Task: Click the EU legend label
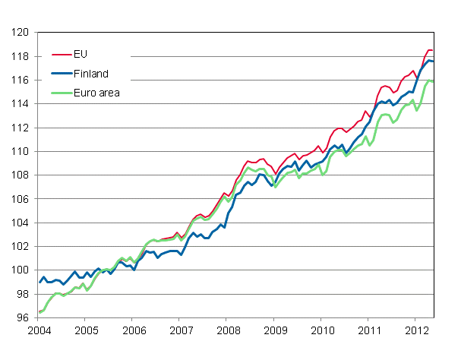[80, 55]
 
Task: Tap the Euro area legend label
[96, 93]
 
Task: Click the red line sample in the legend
[60, 55]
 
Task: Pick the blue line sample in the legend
[60, 74]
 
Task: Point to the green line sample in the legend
[60, 93]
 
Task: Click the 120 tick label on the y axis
[20, 33]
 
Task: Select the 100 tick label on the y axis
[20, 270]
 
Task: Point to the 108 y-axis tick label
[20, 175]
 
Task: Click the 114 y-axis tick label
[20, 104]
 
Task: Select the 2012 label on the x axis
[416, 331]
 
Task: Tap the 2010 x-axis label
[322, 331]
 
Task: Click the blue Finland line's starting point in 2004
[39, 283]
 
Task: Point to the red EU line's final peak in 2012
[429, 50]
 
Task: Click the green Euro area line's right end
[433, 81]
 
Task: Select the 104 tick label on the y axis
[20, 223]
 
